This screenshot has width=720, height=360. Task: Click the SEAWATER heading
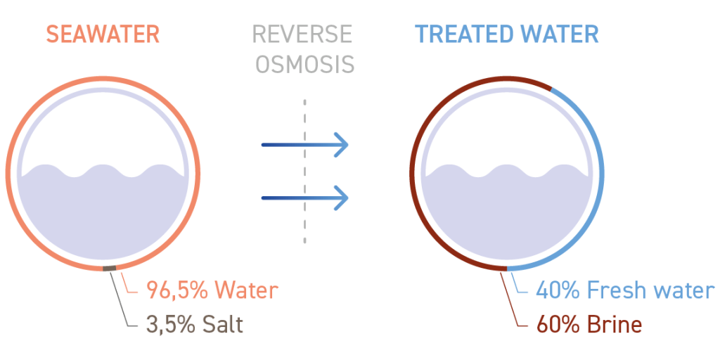pos(103,35)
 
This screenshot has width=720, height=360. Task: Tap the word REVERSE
pos(302,35)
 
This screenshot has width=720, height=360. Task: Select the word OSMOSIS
pos(305,64)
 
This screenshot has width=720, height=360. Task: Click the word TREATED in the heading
pos(465,35)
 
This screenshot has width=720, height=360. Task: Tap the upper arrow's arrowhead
pos(341,145)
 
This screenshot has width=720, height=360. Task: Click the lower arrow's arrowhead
pos(341,198)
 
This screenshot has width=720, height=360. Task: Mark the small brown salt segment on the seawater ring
pos(109,269)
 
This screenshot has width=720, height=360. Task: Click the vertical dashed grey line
pos(304,171)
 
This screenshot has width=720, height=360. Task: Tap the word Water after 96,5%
pos(247,291)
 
